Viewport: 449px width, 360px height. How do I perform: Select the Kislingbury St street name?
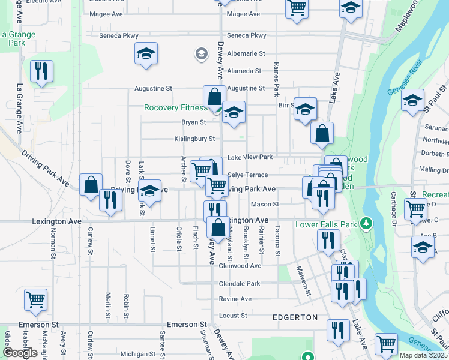coord(194,139)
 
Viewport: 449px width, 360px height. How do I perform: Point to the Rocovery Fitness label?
coord(175,108)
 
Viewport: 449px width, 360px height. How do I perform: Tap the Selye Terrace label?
coord(248,175)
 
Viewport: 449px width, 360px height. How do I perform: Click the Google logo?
coord(20,353)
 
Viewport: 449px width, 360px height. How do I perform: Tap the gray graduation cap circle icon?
coord(201,55)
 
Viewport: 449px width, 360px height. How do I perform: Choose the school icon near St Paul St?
coord(413,100)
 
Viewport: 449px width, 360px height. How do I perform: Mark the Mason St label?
coord(268,204)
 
